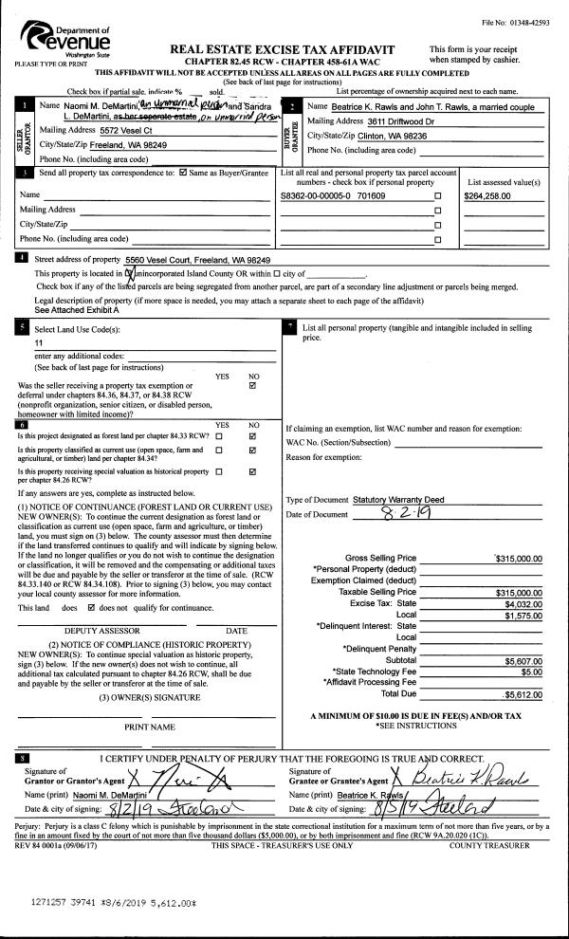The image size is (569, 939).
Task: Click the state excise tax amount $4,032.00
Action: (x=518, y=602)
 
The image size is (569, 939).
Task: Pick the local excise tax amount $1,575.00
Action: (x=518, y=614)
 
